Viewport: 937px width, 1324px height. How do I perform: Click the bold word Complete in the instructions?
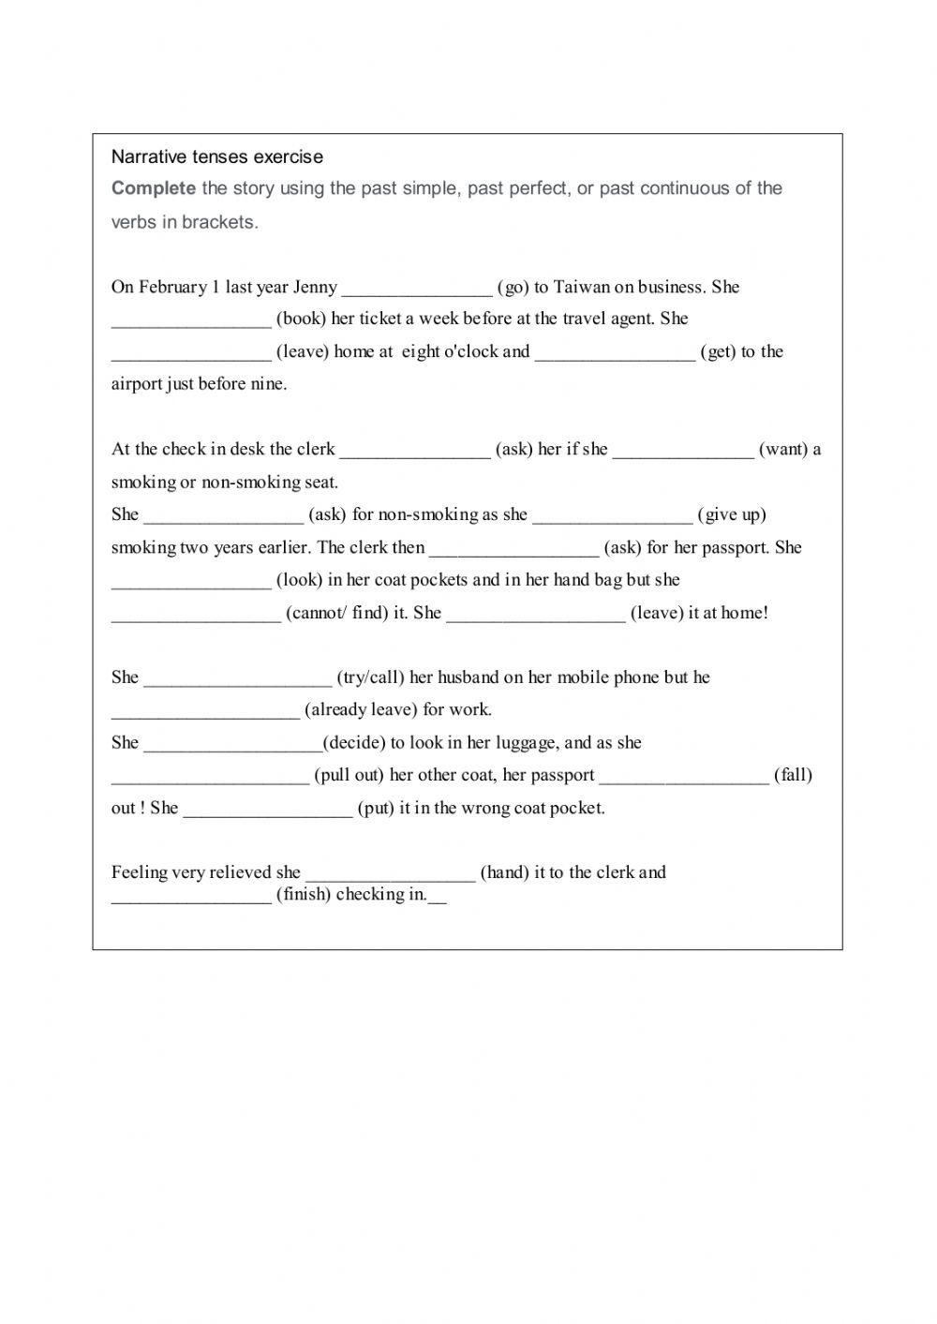click(x=153, y=188)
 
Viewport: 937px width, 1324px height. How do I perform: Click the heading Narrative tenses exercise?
click(x=216, y=156)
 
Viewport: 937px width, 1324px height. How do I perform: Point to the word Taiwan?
click(x=581, y=287)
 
